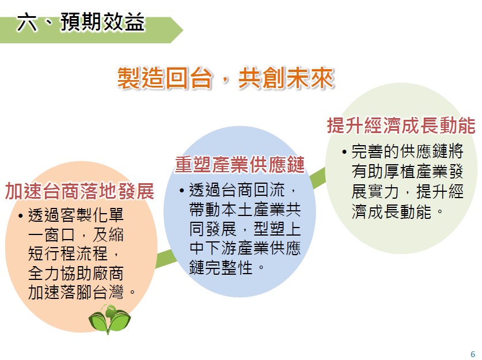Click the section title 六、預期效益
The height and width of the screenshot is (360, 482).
(81, 22)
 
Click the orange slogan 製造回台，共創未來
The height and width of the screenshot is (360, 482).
(225, 78)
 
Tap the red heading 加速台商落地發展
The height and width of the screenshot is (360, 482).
(79, 191)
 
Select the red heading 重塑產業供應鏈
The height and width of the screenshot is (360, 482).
(240, 165)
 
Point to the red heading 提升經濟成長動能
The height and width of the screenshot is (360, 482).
(401, 126)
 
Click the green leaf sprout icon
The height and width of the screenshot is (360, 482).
(109, 319)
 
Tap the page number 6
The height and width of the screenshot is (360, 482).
(473, 354)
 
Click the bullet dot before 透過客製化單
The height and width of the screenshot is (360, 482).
(21, 215)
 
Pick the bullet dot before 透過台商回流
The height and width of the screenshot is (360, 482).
(181, 191)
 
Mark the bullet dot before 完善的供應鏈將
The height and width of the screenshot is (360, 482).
(344, 152)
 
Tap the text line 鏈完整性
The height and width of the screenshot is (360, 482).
(221, 267)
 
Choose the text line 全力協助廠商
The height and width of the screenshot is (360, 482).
(75, 272)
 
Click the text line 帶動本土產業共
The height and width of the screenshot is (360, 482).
(245, 210)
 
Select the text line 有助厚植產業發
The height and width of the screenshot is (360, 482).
(407, 172)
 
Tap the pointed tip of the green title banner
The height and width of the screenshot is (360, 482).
(183, 30)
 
